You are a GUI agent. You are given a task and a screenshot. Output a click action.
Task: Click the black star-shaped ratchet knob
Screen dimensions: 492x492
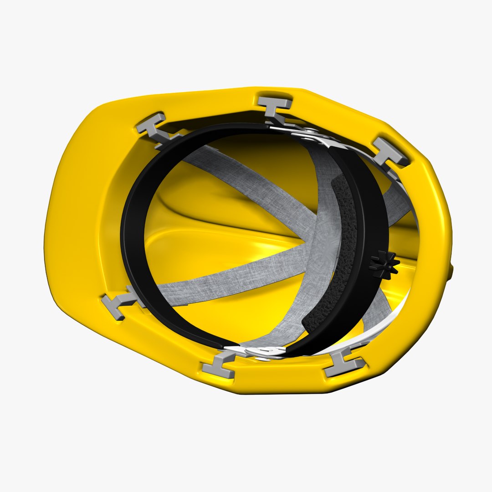(x=384, y=263)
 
